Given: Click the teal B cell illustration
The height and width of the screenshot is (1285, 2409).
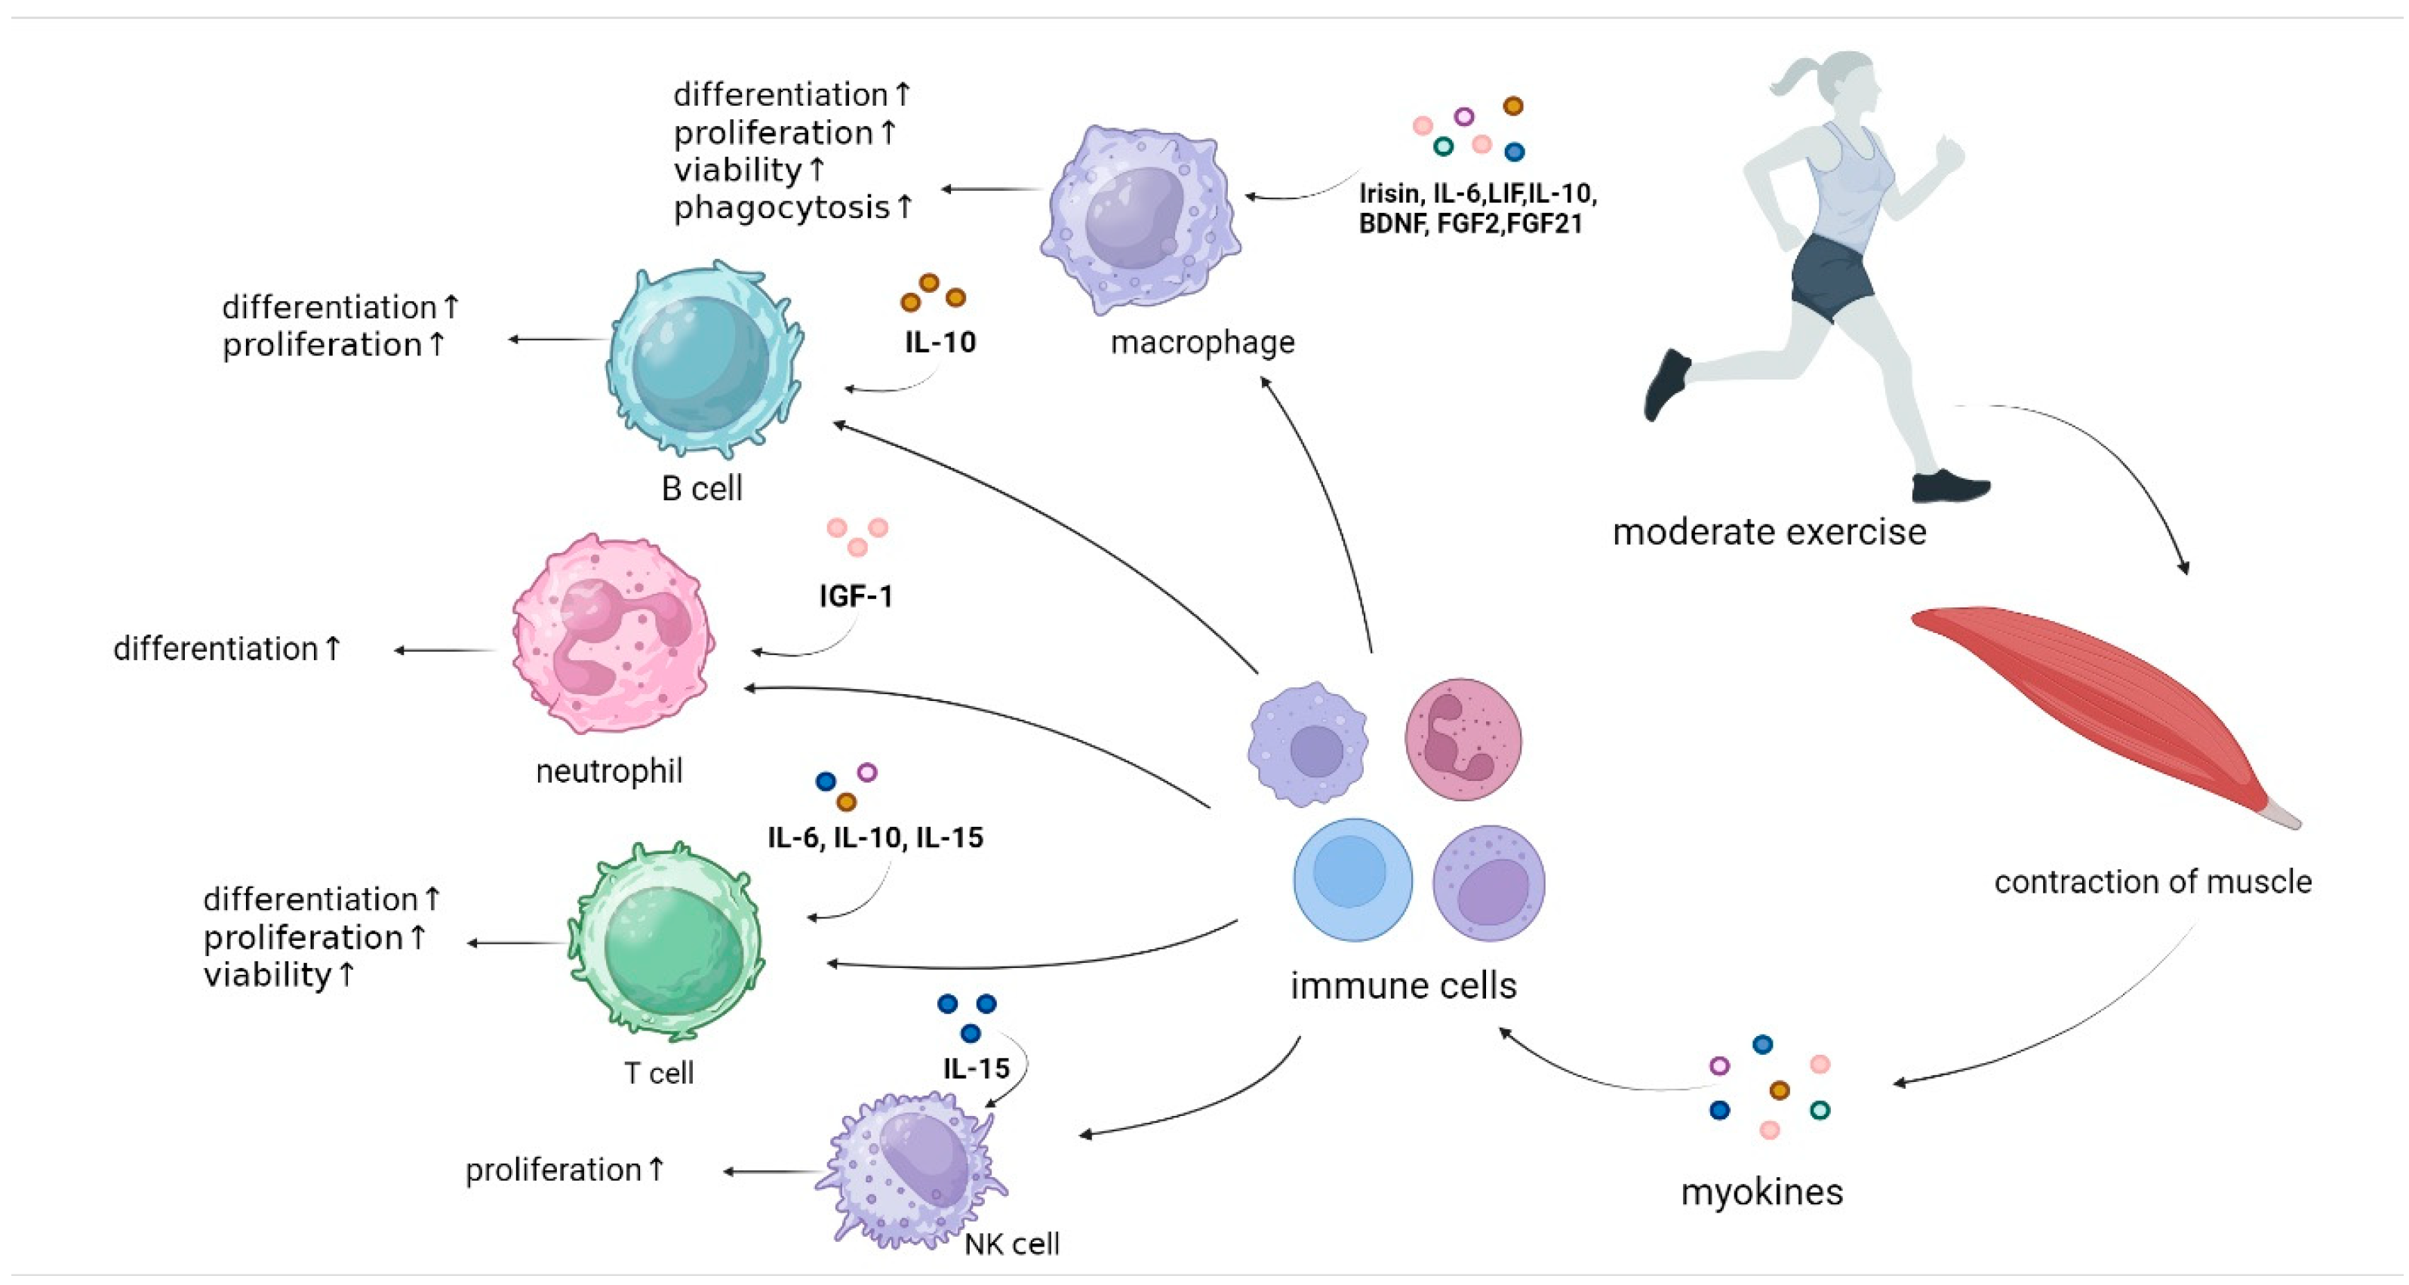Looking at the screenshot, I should click(703, 360).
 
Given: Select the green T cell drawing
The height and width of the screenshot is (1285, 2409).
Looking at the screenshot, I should click(666, 942).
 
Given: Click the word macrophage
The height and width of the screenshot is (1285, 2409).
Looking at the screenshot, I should click(1201, 343).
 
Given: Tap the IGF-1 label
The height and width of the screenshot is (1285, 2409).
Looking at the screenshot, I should click(856, 596).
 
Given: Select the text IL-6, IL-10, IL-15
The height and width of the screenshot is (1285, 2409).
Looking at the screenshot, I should click(875, 837).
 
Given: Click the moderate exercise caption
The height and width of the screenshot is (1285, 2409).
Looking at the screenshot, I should click(1768, 532).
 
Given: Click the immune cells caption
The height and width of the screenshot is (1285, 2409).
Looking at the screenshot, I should click(1403, 985).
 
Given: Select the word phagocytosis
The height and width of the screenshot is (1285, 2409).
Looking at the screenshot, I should click(782, 208).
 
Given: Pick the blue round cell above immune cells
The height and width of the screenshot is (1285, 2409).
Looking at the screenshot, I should click(1352, 879).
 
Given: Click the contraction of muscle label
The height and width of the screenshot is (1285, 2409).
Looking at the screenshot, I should click(2152, 882).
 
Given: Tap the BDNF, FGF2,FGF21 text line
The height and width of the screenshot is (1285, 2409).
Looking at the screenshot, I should click(1470, 224).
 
